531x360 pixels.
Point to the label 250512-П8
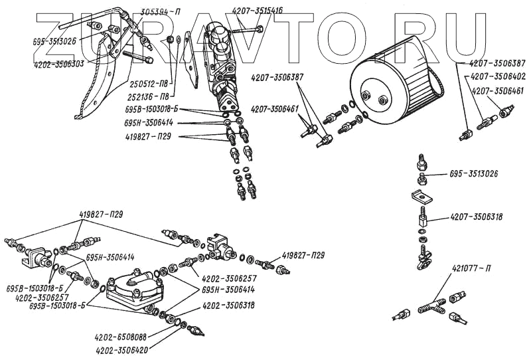tap(150, 83)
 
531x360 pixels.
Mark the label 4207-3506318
tap(477, 217)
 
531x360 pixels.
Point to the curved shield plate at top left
tap(93, 76)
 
